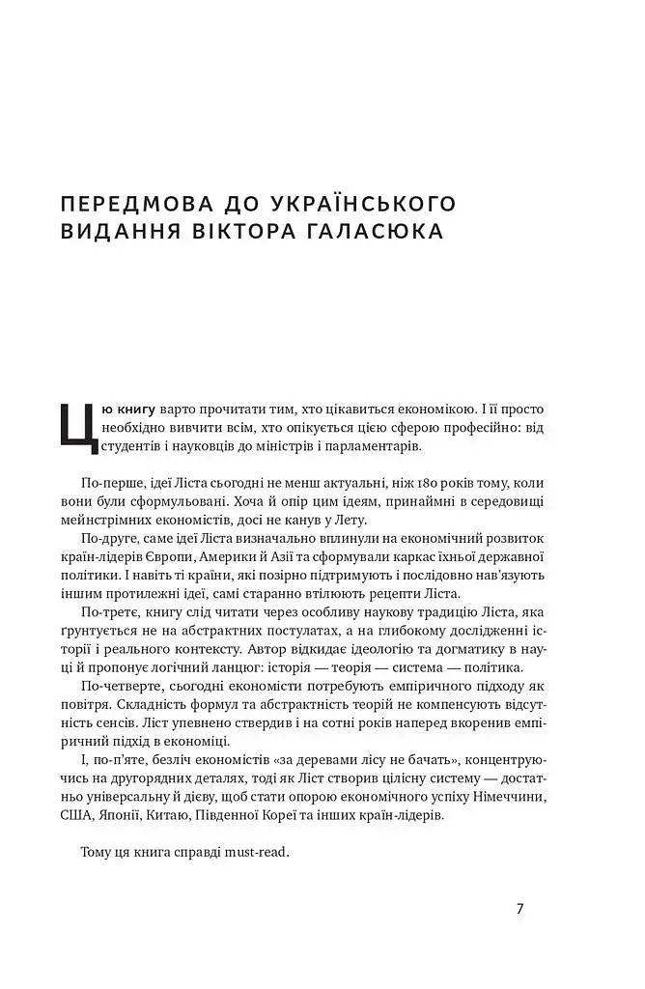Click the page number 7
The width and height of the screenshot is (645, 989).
(520, 909)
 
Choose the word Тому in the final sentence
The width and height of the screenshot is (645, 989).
(99, 852)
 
